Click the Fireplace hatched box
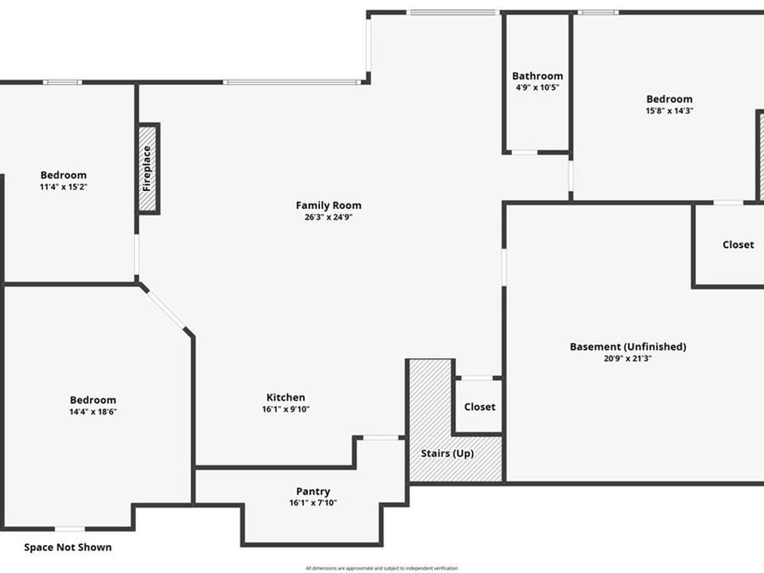[x=149, y=168]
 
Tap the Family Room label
[x=329, y=205]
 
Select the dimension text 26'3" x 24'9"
[x=329, y=217]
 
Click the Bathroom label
[x=537, y=76]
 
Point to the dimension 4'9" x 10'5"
[x=537, y=87]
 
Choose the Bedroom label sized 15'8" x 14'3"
[x=669, y=98]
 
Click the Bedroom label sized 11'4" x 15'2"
[x=65, y=175]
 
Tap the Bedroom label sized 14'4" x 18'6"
[x=93, y=400]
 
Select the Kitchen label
[x=286, y=397]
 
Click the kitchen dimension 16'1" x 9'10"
[x=286, y=409]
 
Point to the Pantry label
[x=313, y=492]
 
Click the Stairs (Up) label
[x=447, y=453]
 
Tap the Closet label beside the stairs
[x=480, y=407]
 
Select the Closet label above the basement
[x=738, y=244]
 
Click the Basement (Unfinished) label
[x=627, y=346]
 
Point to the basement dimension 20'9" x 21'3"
[x=627, y=358]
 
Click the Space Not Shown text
[x=67, y=548]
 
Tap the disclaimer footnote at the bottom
[x=381, y=568]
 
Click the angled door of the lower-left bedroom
[x=165, y=308]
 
